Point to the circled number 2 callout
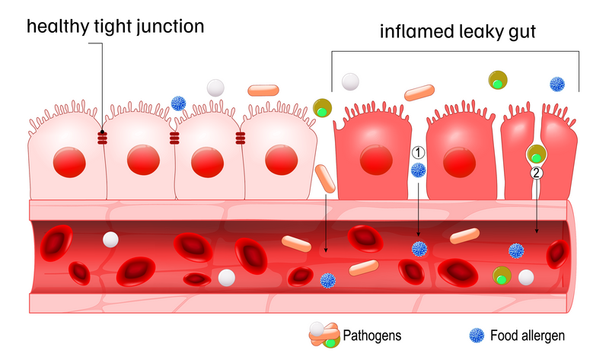click(537, 173)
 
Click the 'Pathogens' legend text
click(371, 334)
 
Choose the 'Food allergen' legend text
click(528, 334)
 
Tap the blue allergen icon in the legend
click(476, 334)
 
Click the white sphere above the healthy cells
click(216, 88)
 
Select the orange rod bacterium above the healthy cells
click(264, 90)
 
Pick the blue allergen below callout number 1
click(417, 170)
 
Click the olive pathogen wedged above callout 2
click(536, 154)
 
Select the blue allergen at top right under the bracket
click(557, 84)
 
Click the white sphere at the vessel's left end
click(110, 240)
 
